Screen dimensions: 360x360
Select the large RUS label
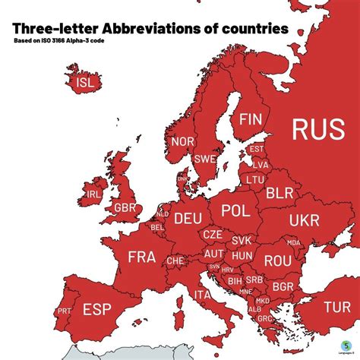click(318, 129)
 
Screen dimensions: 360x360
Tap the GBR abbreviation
click(125, 207)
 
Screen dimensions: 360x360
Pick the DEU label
click(188, 219)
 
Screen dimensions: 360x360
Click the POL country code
click(235, 210)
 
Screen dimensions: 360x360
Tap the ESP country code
click(96, 310)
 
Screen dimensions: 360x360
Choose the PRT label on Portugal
click(65, 311)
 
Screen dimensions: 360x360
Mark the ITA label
click(203, 294)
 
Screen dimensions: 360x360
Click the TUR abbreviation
click(336, 307)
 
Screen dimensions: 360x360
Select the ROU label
click(278, 260)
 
